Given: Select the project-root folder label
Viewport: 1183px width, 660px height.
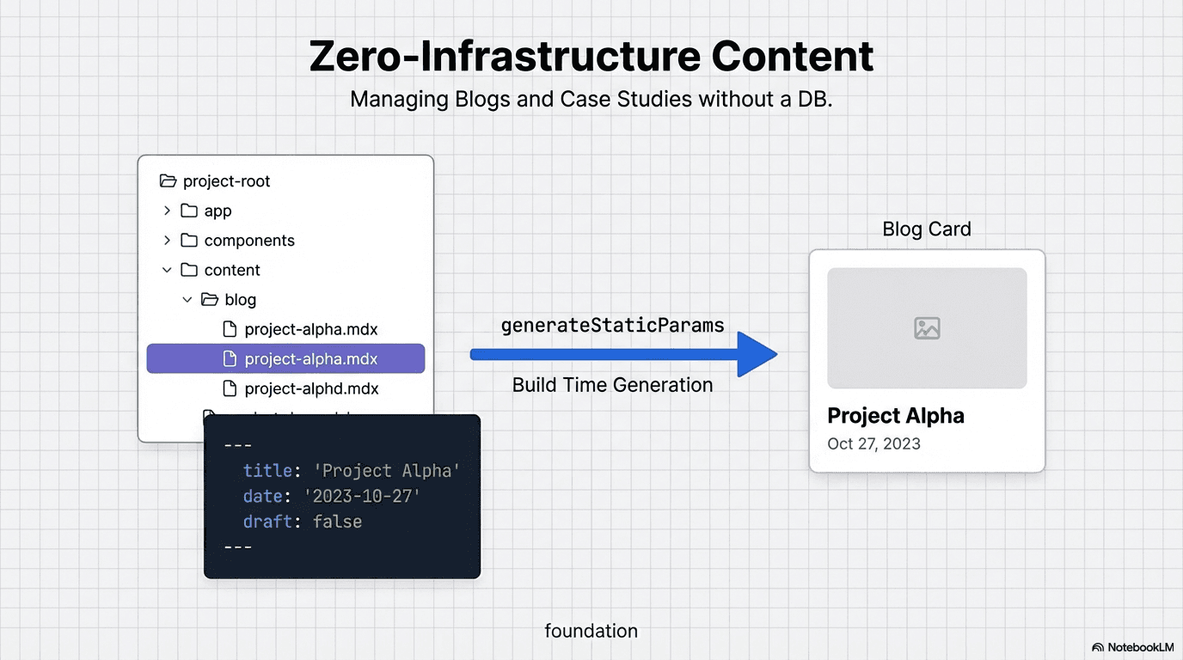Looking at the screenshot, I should (x=226, y=181).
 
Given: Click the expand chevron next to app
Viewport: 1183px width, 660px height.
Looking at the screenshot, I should (x=167, y=211).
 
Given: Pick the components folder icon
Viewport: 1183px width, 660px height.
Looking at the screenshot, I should (x=189, y=241).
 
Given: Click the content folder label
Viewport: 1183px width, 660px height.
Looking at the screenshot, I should (x=232, y=270).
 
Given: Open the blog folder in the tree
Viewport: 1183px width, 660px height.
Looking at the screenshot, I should (x=240, y=300).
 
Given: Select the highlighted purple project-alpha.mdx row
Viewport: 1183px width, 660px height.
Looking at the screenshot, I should (x=285, y=358).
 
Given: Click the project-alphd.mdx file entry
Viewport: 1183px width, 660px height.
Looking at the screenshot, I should (x=311, y=388).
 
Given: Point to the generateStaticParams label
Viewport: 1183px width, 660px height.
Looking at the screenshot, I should (x=612, y=326).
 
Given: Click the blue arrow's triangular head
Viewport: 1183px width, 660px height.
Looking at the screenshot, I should (x=756, y=354).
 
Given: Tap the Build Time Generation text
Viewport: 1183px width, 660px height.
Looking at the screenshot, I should (x=612, y=385).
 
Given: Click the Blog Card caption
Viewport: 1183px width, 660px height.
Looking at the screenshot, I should (x=927, y=229).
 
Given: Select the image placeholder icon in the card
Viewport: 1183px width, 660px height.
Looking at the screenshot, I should (x=927, y=327).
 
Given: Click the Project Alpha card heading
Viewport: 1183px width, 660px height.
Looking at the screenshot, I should (x=895, y=416).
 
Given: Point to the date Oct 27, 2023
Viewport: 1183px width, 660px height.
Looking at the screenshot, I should (x=873, y=444).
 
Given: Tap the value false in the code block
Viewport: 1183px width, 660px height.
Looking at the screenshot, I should (x=337, y=522).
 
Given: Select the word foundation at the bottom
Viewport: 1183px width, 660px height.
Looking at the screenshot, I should (x=591, y=631).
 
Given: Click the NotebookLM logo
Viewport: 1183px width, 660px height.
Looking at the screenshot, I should (x=1132, y=647).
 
